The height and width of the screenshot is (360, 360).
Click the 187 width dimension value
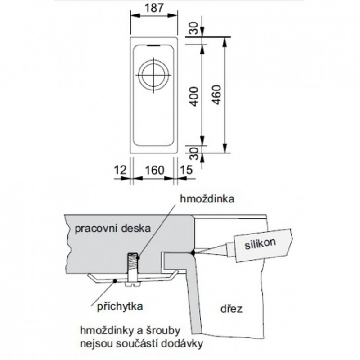pos(153,8)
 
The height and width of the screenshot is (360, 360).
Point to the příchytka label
pos(120,307)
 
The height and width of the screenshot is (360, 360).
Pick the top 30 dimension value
pos(193,29)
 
